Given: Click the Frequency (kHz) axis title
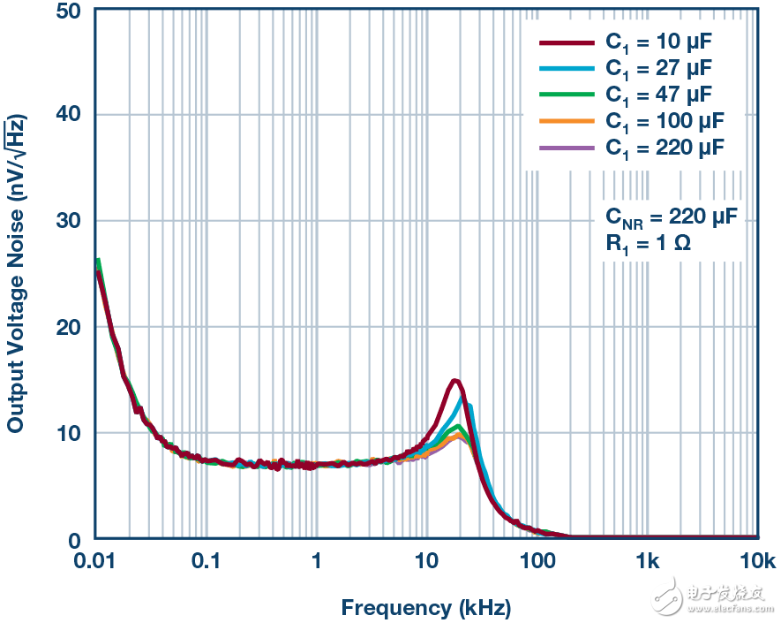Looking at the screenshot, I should pyautogui.click(x=425, y=608).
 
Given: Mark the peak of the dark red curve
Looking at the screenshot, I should pyautogui.click(x=454, y=381).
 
